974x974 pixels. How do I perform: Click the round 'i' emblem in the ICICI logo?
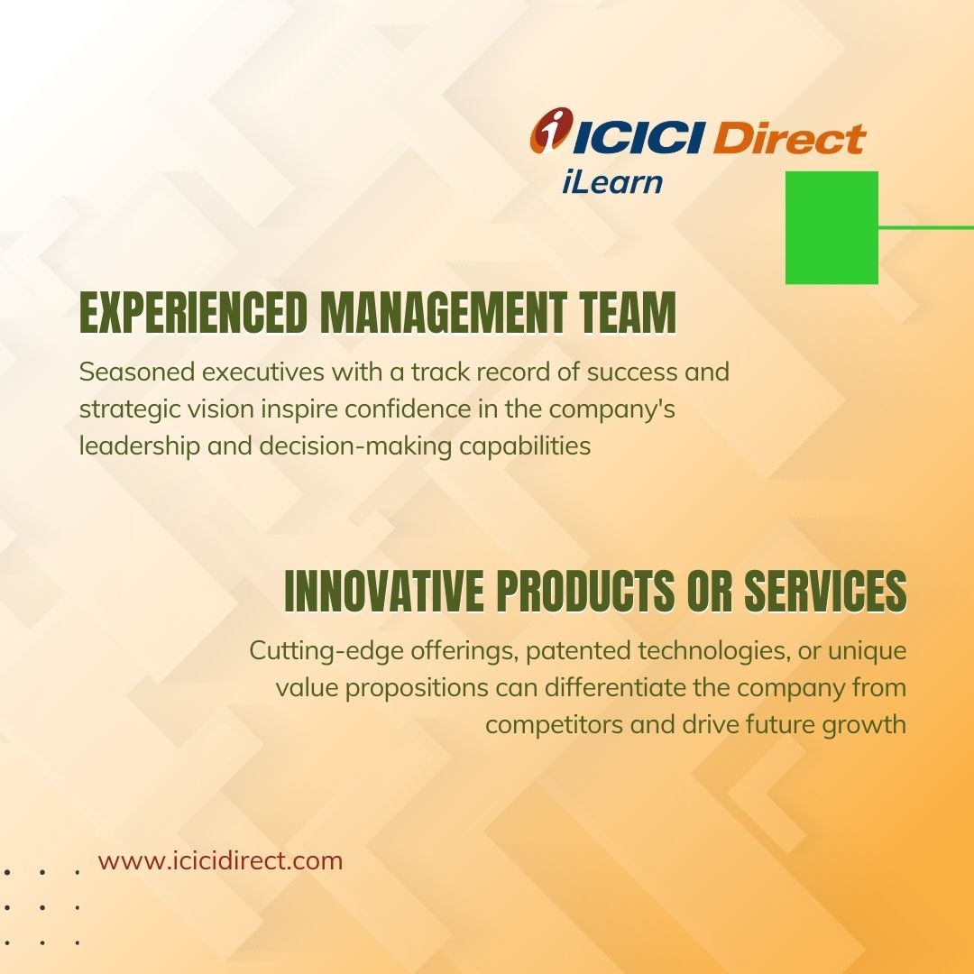pos(550,130)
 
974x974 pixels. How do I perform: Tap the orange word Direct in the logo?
pos(789,137)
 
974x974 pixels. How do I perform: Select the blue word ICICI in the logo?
pos(639,137)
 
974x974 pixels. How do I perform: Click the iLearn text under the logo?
pos(612,182)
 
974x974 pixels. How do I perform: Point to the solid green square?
pos(832,227)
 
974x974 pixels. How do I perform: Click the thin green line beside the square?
pos(926,227)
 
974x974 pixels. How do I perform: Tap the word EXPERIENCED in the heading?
pos(194,312)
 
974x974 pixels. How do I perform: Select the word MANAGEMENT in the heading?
pos(444,312)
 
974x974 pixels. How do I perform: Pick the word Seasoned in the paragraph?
pos(137,372)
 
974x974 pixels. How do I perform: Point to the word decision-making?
pos(355,446)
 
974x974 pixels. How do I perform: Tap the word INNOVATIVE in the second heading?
pos(384,591)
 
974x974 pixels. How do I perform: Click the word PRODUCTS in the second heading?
pos(585,591)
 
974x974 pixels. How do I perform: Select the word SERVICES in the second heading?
pos(825,591)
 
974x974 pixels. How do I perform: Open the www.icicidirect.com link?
pos(221,861)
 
